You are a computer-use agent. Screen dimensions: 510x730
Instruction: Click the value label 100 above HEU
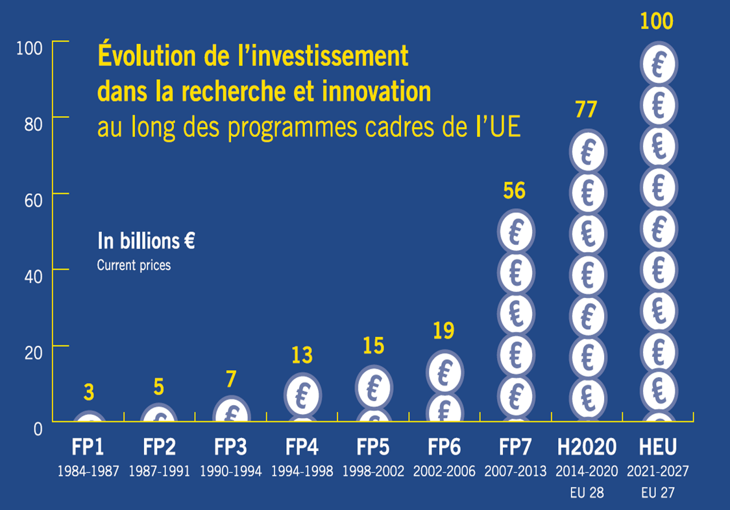[657, 21]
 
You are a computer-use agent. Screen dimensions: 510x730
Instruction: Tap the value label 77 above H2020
[586, 110]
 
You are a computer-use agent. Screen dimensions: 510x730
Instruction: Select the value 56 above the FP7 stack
[514, 191]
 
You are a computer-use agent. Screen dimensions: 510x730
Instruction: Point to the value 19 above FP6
[443, 330]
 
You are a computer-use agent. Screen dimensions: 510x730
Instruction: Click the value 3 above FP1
[89, 392]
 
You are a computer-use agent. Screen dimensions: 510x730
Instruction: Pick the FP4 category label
[302, 448]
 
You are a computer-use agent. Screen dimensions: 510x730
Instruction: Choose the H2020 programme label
[587, 448]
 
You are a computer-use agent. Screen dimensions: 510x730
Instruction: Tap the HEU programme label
[657, 448]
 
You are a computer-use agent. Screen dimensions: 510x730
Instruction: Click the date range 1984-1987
[88, 471]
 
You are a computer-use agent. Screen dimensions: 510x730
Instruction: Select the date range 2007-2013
[515, 471]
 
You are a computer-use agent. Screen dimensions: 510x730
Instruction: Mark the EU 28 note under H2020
[587, 493]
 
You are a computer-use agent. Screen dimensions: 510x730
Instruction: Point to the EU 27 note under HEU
[657, 493]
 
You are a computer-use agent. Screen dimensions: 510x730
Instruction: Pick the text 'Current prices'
[134, 265]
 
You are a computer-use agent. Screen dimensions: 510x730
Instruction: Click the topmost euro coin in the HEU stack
[657, 64]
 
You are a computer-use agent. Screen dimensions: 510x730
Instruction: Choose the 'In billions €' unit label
[146, 241]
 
